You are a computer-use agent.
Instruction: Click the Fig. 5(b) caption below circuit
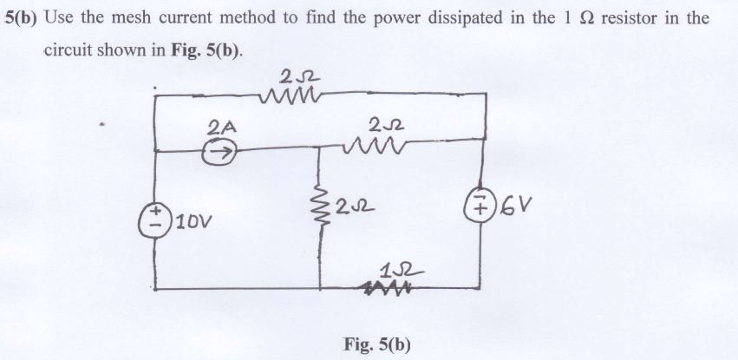click(376, 343)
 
